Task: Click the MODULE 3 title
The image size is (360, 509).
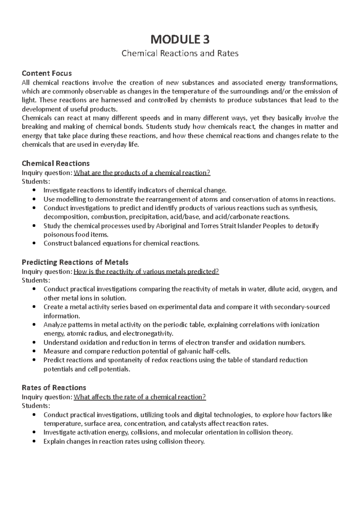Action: tap(180, 39)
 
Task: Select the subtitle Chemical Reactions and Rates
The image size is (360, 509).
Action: tap(180, 53)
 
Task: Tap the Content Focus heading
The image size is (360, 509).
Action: tap(47, 73)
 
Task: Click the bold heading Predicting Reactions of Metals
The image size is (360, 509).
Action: tap(75, 262)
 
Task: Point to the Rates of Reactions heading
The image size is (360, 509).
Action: tap(54, 388)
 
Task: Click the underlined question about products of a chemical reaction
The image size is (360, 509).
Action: tap(142, 173)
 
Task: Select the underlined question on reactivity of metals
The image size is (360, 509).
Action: tap(146, 272)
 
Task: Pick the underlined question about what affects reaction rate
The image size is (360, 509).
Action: tap(140, 397)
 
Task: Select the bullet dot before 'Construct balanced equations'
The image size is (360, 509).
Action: tap(35, 243)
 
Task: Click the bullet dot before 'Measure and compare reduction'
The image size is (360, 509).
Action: tap(35, 351)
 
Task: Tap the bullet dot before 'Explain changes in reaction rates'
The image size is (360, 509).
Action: tap(35, 442)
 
